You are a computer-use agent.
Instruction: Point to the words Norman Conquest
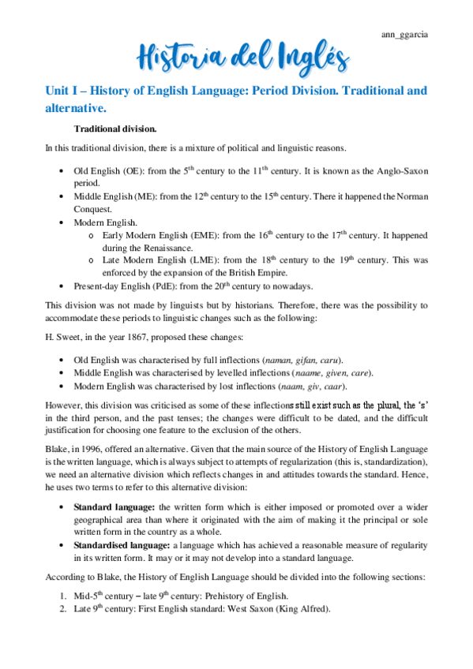point(403,196)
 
